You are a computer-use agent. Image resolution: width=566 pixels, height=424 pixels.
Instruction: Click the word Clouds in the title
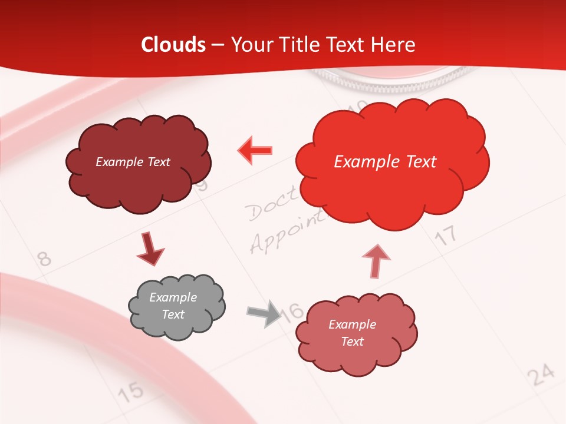(x=173, y=45)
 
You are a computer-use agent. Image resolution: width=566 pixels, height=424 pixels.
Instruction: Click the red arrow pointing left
(x=255, y=150)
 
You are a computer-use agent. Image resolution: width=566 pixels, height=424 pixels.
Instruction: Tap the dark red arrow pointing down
(x=150, y=250)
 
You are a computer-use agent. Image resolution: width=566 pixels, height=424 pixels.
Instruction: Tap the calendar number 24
(x=541, y=374)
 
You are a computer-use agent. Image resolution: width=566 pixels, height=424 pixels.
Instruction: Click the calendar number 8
(x=44, y=258)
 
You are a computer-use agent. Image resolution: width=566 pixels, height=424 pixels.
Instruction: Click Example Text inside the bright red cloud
(x=385, y=162)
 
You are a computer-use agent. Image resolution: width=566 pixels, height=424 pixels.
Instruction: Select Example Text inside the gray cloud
(x=173, y=306)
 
